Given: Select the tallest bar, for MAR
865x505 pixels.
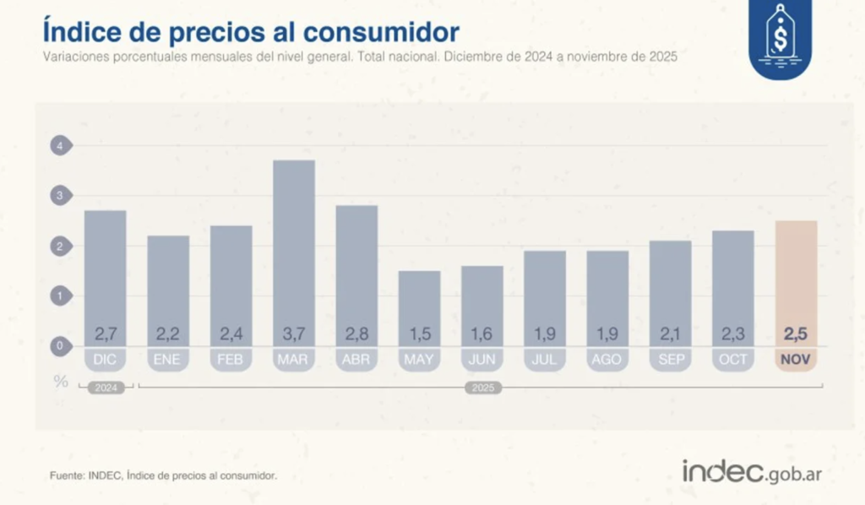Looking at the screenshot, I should tap(294, 245).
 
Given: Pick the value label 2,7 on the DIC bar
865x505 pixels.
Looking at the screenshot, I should tap(106, 334).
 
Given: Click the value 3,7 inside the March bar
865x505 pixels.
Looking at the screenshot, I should tap(294, 334).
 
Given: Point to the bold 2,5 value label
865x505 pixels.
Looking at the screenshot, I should tap(796, 334).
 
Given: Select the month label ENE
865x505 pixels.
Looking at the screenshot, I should tap(168, 360).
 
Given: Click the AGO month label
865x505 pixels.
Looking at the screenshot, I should tap(607, 360).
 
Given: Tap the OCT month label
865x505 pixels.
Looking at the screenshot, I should tap(732, 360).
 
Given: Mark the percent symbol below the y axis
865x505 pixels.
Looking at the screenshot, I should tap(61, 381).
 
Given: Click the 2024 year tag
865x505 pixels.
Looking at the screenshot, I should tap(106, 388).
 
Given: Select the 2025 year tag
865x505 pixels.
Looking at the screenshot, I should tap(482, 388).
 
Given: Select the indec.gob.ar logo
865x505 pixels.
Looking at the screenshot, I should tap(751, 472).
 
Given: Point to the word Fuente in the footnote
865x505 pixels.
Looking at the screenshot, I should tap(68, 476).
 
